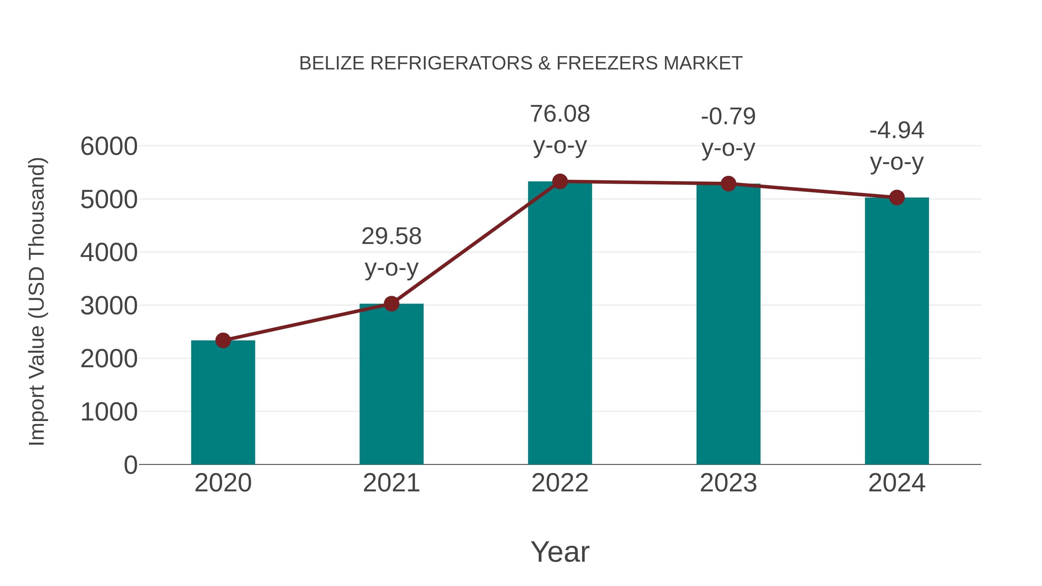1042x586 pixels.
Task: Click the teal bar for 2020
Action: click(x=223, y=403)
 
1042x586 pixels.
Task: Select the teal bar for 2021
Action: click(x=391, y=384)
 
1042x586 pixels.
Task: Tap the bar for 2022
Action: click(x=560, y=324)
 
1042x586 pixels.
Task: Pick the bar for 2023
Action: click(x=728, y=324)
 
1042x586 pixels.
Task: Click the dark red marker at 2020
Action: click(x=223, y=341)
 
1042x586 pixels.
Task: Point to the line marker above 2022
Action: click(x=560, y=181)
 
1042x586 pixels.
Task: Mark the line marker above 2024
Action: click(x=897, y=197)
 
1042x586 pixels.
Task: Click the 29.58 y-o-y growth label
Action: click(x=391, y=251)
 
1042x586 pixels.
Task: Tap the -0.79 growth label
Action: click(x=728, y=132)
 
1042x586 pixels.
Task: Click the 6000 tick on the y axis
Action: click(x=109, y=146)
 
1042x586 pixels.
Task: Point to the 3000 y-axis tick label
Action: click(x=109, y=306)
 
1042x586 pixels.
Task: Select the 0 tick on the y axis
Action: click(x=130, y=465)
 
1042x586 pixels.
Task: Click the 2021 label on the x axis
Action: click(x=391, y=483)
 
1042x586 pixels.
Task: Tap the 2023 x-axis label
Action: click(x=728, y=483)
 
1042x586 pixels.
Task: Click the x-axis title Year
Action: click(x=560, y=552)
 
